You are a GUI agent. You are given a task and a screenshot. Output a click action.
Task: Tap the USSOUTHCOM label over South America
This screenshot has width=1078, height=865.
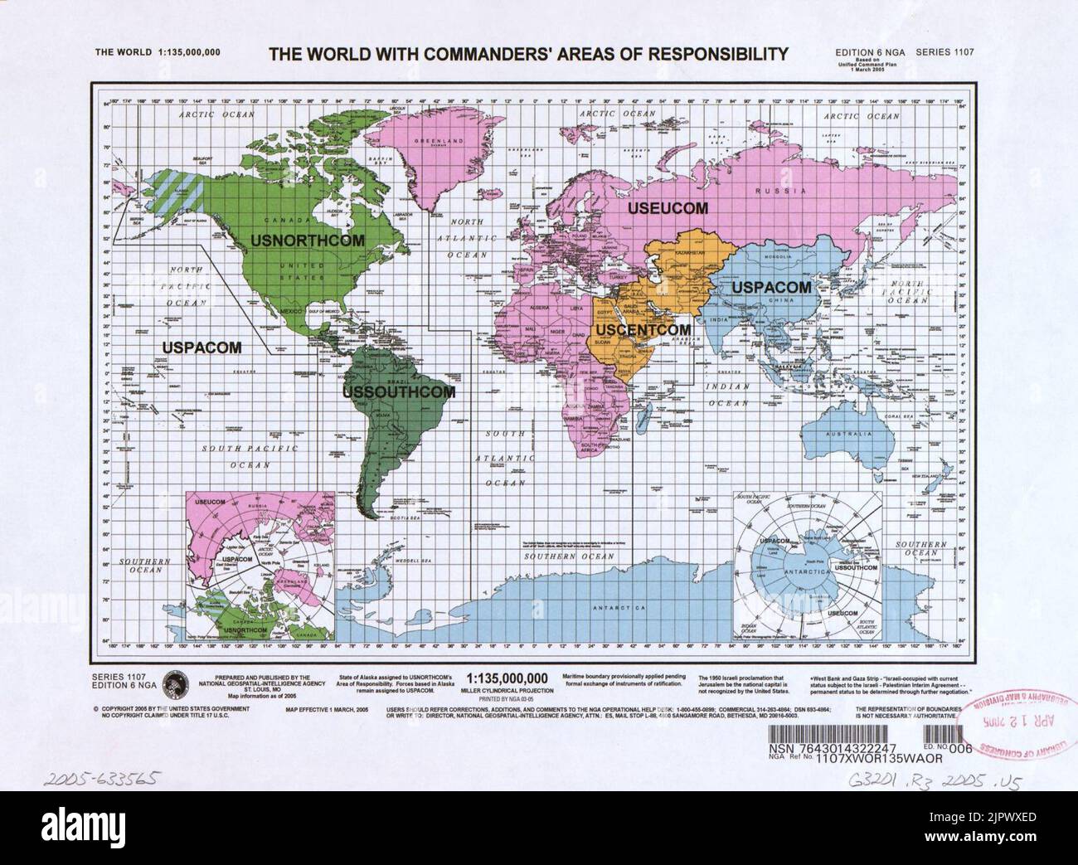pos(399,391)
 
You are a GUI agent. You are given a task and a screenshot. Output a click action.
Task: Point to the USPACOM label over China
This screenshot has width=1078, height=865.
pos(770,287)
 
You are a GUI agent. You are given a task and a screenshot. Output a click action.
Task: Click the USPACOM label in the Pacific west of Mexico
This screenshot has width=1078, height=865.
pos(201,347)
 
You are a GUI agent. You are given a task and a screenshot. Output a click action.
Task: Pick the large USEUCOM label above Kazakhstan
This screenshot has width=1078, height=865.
pos(667,208)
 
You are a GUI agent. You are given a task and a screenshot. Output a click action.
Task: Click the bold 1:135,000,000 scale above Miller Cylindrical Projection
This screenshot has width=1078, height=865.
pos(508,677)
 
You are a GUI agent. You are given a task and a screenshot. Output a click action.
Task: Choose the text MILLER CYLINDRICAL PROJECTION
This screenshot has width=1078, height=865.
pos(508,689)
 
